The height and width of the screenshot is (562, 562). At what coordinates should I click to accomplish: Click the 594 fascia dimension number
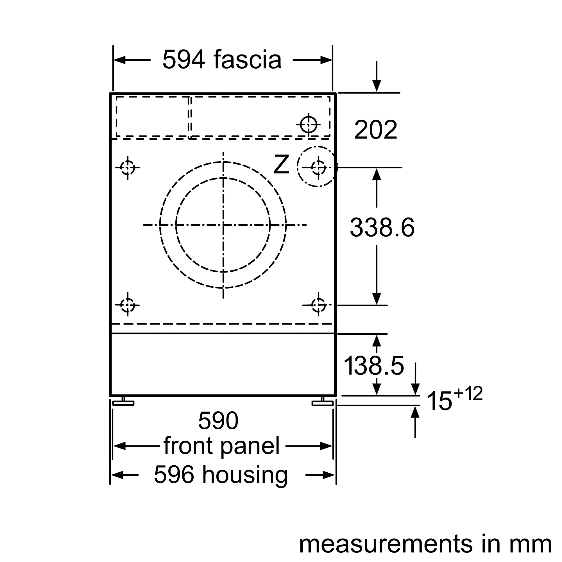pyautogui.click(x=183, y=60)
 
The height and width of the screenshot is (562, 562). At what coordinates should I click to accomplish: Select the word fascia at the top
pyautogui.click(x=247, y=60)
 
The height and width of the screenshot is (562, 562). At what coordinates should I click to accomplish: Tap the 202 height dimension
pyautogui.click(x=375, y=130)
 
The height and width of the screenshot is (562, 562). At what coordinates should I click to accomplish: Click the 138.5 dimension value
pyautogui.click(x=374, y=366)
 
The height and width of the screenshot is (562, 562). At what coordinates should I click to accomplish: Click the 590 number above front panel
pyautogui.click(x=218, y=421)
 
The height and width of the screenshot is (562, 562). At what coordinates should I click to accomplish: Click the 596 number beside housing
pyautogui.click(x=174, y=475)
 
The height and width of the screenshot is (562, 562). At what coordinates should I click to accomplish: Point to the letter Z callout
pyautogui.click(x=281, y=165)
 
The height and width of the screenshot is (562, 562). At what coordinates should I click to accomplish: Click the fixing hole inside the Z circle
pyautogui.click(x=318, y=167)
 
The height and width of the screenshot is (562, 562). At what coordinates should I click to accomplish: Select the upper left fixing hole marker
pyautogui.click(x=127, y=167)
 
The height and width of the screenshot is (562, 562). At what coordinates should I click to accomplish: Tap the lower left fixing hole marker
pyautogui.click(x=127, y=305)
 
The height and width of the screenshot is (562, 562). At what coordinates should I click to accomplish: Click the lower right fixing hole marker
pyautogui.click(x=318, y=305)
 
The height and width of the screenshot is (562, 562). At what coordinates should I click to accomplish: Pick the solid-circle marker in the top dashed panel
pyautogui.click(x=308, y=124)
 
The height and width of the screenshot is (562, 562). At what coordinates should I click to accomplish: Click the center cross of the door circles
pyautogui.click(x=223, y=225)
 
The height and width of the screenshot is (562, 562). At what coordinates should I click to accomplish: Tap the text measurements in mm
pyautogui.click(x=425, y=544)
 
